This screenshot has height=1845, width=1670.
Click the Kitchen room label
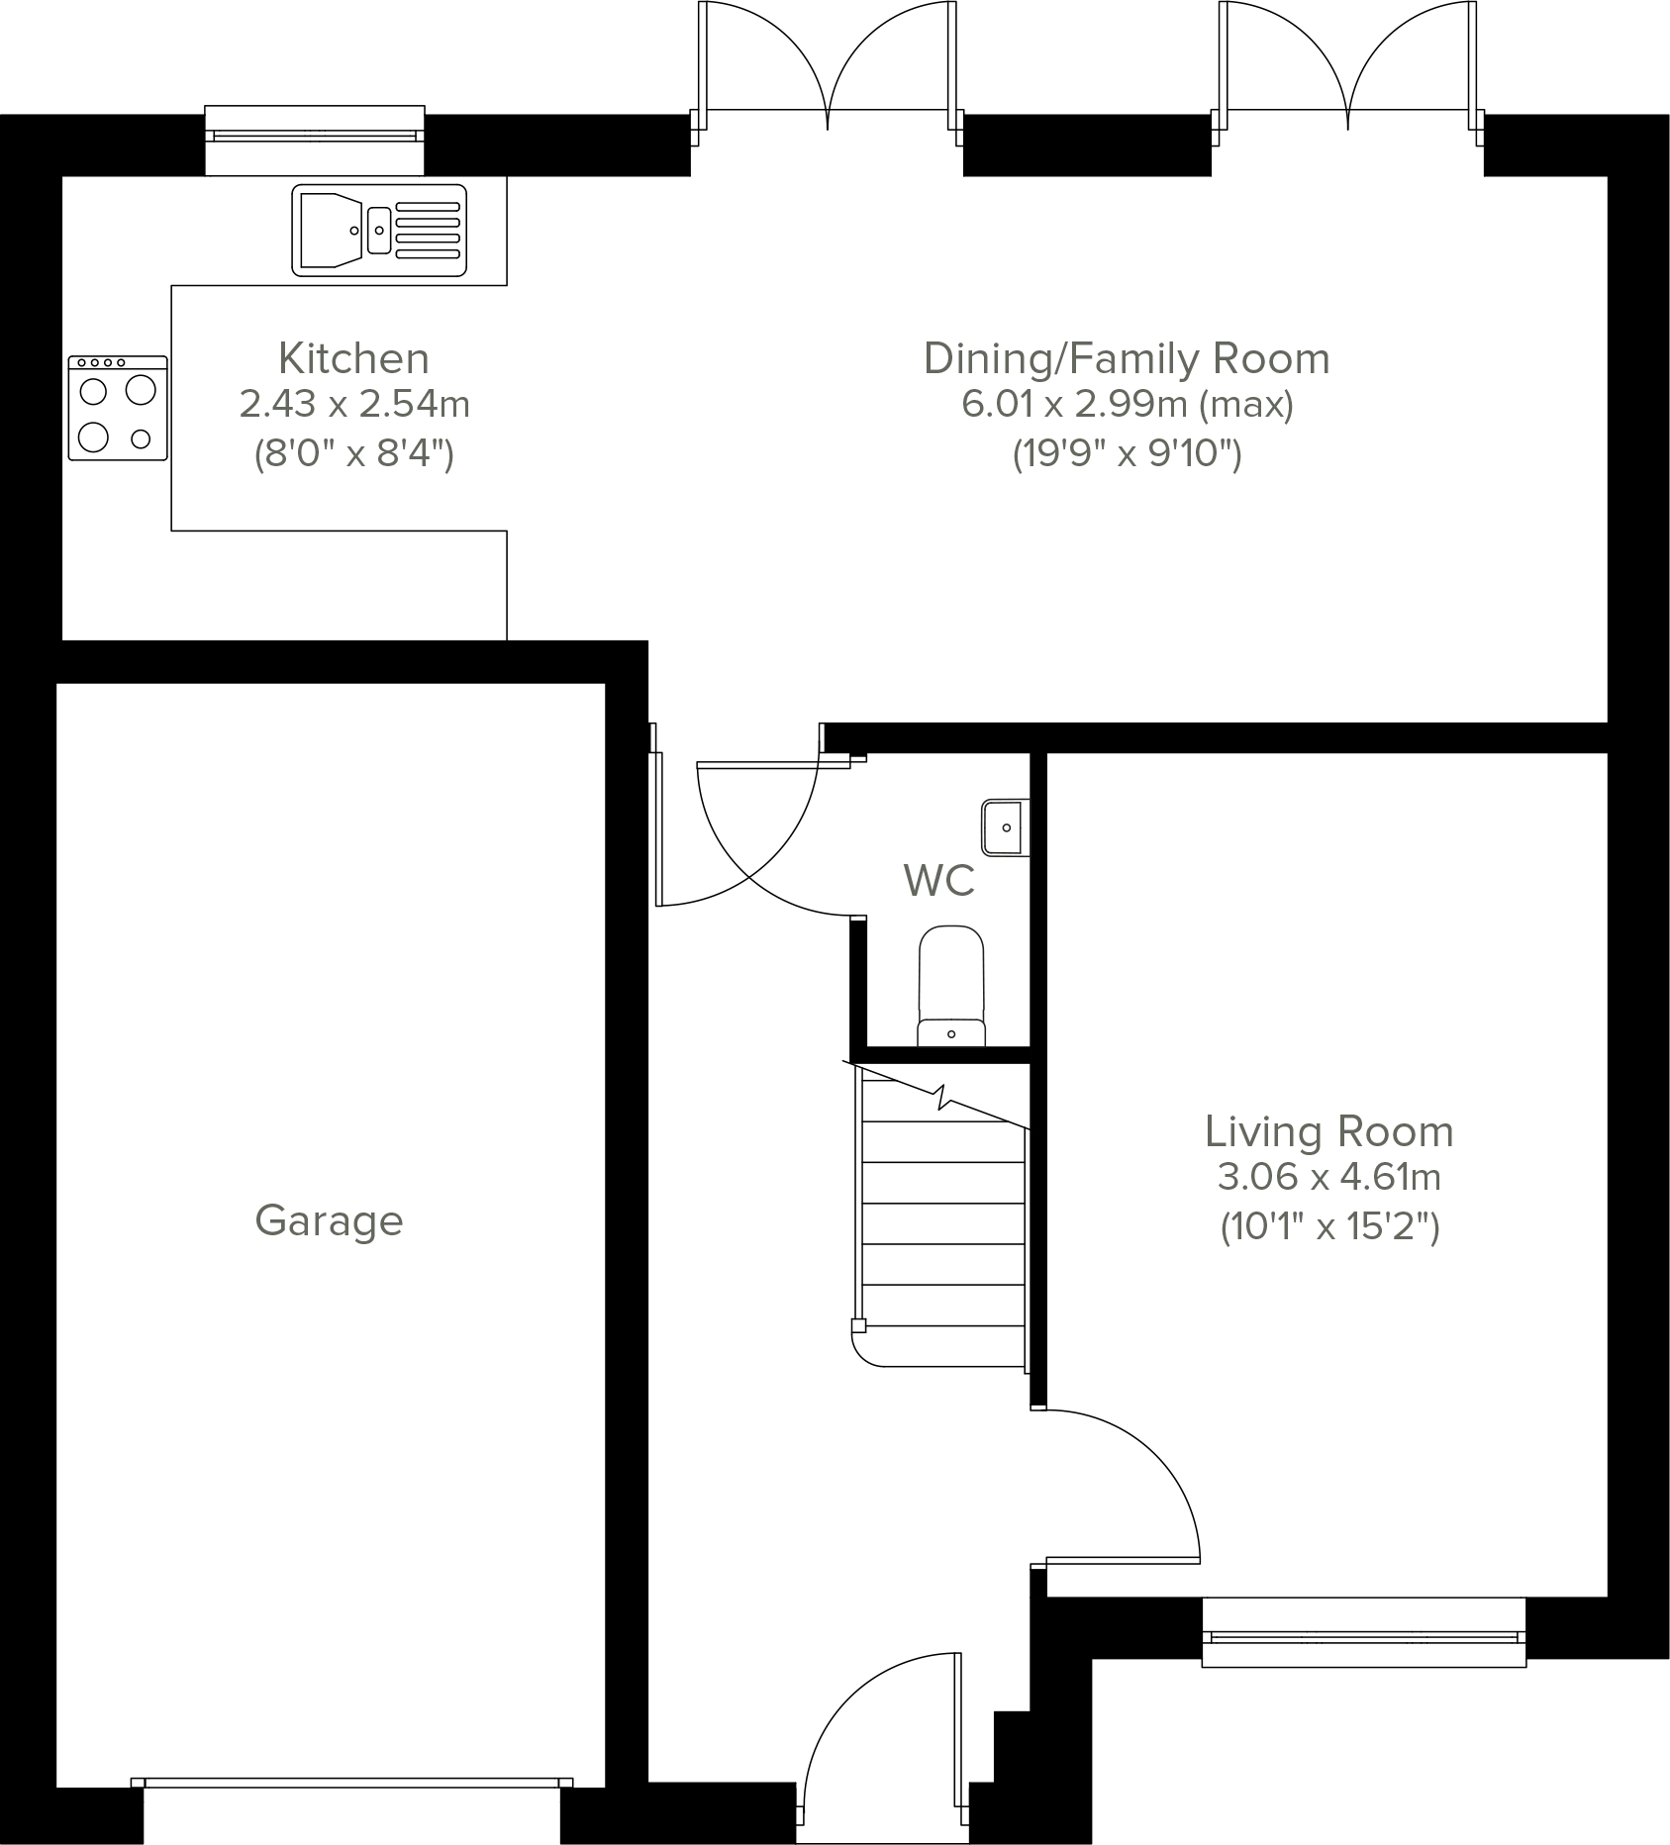tap(353, 358)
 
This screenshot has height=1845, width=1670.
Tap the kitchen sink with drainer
tap(379, 230)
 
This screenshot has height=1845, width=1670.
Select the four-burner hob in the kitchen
tap(118, 409)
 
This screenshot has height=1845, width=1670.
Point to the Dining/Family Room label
tap(1126, 358)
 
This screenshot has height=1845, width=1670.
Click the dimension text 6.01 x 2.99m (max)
tap(1127, 405)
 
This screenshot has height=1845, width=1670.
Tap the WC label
tap(938, 880)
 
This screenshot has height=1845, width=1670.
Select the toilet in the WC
tap(951, 986)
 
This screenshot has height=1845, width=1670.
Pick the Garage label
tap(329, 1220)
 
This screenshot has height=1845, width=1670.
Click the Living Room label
tap(1328, 1131)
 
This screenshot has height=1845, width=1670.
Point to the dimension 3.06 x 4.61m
tap(1328, 1178)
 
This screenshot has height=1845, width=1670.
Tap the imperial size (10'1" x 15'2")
tap(1328, 1227)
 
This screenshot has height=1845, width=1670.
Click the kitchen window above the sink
tap(315, 137)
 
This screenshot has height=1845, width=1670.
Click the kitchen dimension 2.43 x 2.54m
tap(353, 405)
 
